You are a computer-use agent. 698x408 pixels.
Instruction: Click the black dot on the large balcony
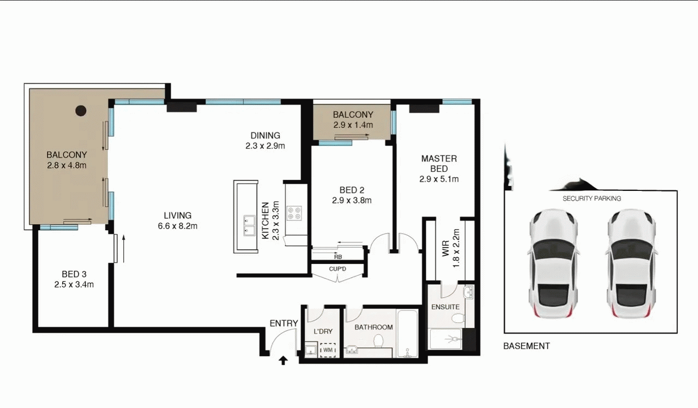pos(81,111)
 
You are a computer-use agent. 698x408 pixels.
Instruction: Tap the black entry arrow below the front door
pos(283,361)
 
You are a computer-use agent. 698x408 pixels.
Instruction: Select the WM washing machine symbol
pos(328,350)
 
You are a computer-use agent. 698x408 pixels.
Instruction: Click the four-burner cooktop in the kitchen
pos(294,213)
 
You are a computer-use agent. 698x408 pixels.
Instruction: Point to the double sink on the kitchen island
pos(249,225)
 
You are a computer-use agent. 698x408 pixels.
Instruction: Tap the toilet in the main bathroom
pos(378,341)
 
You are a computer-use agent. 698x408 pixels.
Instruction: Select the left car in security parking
pos(552,263)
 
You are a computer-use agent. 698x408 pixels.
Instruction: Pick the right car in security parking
pos(631,263)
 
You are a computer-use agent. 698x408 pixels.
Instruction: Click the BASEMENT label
pos(527,346)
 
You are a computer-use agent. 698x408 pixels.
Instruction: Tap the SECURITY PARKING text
pos(592,199)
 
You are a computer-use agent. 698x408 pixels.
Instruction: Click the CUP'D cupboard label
pos(338,269)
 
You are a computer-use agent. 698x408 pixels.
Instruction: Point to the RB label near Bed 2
pos(338,257)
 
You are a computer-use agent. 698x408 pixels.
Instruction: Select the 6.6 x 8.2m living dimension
pos(178,226)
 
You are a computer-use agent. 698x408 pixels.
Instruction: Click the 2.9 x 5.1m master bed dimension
pos(439,179)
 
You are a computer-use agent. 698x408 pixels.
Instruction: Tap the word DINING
pos(265,135)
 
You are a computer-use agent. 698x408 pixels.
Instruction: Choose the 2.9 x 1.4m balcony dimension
pos(353,125)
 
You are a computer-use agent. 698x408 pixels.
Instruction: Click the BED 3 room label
pos(74,274)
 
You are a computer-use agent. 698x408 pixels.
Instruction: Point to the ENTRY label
pos(284,323)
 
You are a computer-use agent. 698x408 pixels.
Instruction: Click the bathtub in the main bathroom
pos(407,333)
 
